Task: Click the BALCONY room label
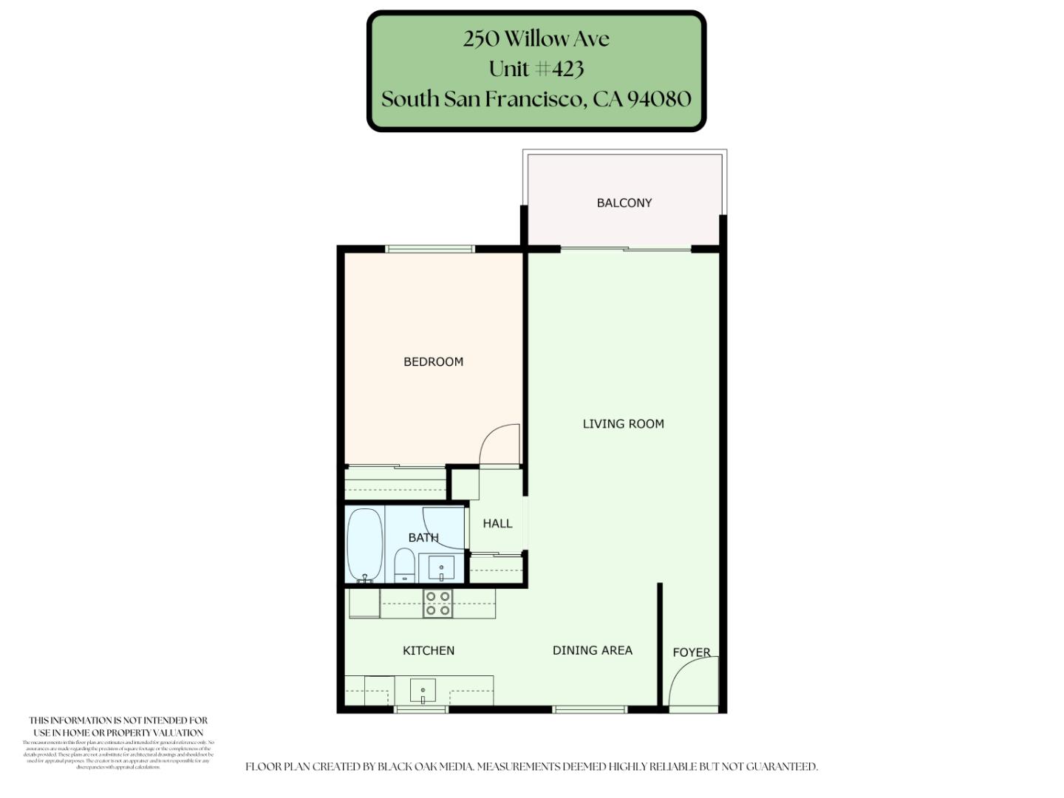624,202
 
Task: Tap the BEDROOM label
433,361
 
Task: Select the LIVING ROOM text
623,423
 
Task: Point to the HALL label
497,523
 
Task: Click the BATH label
423,537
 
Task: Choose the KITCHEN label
429,650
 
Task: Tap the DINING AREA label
593,650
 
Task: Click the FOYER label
692,652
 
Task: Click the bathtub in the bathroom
365,545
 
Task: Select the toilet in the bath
404,565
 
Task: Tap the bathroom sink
442,569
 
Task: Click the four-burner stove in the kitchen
437,604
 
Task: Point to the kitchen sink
423,691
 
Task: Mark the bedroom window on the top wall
430,249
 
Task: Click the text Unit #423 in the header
536,69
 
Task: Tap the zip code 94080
659,99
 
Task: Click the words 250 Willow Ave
536,38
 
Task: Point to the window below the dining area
590,710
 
